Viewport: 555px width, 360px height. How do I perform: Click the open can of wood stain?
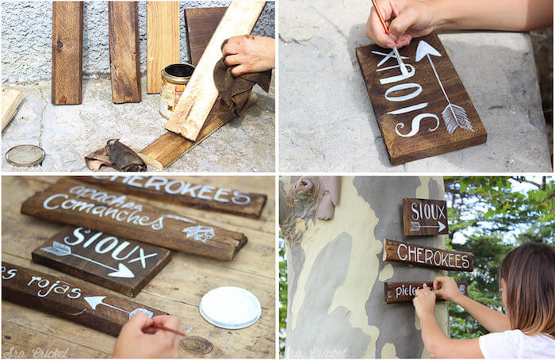[175, 89]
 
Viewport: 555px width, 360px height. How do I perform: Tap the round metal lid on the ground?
[25, 155]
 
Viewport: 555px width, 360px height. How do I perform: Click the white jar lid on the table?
[230, 307]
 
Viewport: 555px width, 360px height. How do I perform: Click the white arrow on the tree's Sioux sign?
[427, 227]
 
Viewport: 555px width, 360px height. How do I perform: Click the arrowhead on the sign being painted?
[427, 52]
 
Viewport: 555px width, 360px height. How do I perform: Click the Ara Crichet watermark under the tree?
[317, 352]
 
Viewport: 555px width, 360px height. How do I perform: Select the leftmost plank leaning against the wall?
[67, 52]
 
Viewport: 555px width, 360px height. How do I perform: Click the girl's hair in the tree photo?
[526, 285]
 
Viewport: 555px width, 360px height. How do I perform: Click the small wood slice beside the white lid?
[197, 345]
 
